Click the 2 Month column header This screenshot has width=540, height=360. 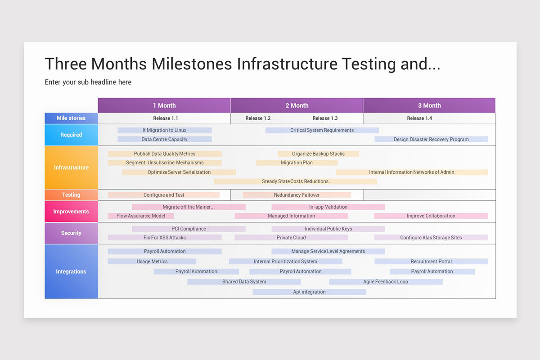pyautogui.click(x=297, y=105)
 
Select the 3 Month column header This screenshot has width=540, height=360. pyautogui.click(x=429, y=105)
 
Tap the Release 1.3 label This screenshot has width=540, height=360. pyautogui.click(x=325, y=118)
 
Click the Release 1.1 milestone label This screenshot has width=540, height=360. pyautogui.click(x=165, y=118)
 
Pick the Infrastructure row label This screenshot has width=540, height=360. pyautogui.click(x=71, y=167)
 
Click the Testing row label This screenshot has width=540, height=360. pyautogui.click(x=71, y=195)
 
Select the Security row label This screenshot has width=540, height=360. pyautogui.click(x=71, y=233)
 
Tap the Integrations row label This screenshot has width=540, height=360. pyautogui.click(x=71, y=271)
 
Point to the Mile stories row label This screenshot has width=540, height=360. pyautogui.click(x=71, y=118)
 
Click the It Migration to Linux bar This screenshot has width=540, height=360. pyautogui.click(x=164, y=130)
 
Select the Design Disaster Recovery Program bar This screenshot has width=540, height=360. pyautogui.click(x=431, y=139)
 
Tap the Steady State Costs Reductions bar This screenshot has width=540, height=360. pyautogui.click(x=295, y=181)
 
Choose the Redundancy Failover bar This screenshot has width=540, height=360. pyautogui.click(x=297, y=195)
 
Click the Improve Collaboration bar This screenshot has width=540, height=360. pyautogui.click(x=431, y=216)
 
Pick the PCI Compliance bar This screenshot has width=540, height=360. pyautogui.click(x=189, y=229)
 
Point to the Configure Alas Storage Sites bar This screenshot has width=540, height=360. pyautogui.click(x=431, y=238)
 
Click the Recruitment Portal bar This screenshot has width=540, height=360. pyautogui.click(x=431, y=261)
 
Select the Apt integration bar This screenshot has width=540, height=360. pyautogui.click(x=309, y=292)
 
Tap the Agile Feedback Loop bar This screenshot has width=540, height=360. pyautogui.click(x=386, y=282)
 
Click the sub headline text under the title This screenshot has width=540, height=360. pyautogui.click(x=88, y=82)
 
